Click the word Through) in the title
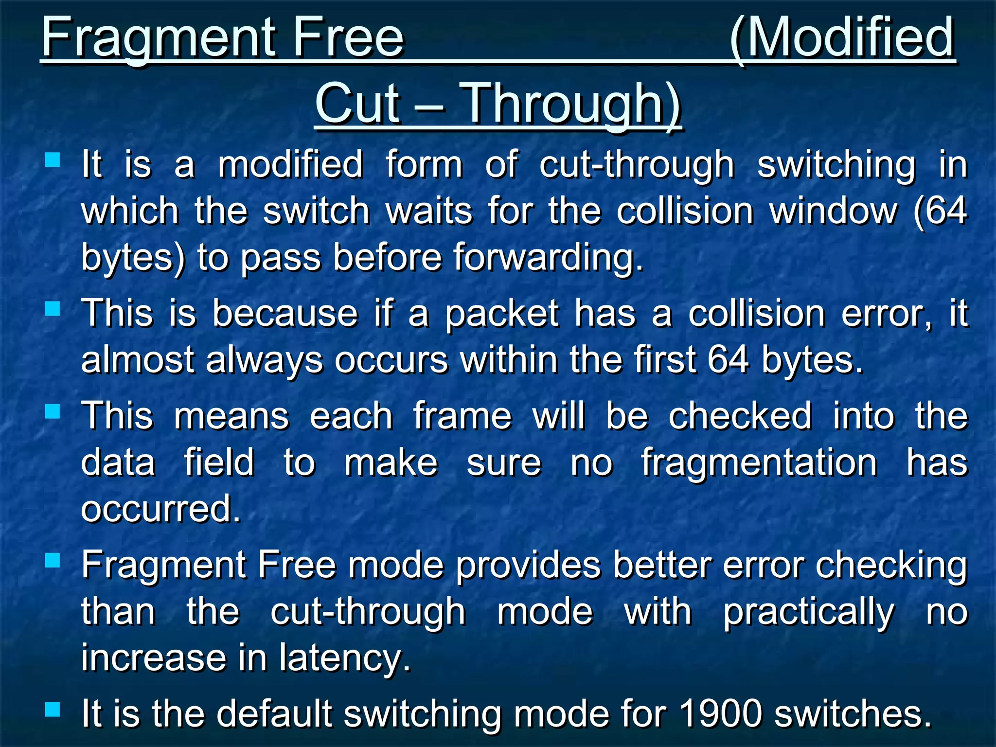click(x=572, y=104)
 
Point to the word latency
click(x=345, y=658)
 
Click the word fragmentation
click(x=759, y=462)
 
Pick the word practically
click(x=808, y=612)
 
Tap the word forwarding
click(x=548, y=257)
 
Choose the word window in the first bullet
click(x=833, y=211)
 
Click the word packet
click(x=502, y=314)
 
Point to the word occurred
click(x=161, y=509)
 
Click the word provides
click(x=528, y=565)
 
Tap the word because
click(x=285, y=314)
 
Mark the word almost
click(x=137, y=360)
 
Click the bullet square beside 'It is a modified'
click(x=52, y=160)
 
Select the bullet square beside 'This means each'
click(x=52, y=412)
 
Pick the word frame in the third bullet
click(x=462, y=417)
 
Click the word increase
click(x=154, y=658)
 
